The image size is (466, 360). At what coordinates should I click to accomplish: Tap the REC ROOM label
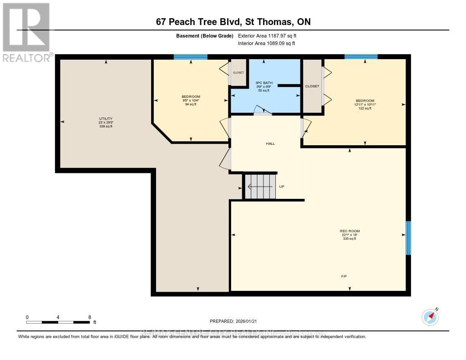point(349,231)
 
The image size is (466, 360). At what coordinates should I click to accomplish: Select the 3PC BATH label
point(264,83)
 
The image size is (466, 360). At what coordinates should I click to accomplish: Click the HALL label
point(270,143)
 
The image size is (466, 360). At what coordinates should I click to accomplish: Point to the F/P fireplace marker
point(344,276)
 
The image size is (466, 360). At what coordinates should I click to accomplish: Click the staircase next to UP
point(260,186)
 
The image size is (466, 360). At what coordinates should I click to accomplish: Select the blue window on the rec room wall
point(408,238)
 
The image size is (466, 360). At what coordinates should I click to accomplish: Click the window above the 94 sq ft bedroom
point(191,57)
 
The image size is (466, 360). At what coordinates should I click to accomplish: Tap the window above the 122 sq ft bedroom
point(361,57)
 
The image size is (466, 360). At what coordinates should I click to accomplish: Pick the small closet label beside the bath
point(238,72)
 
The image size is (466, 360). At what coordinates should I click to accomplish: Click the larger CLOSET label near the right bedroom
point(312,86)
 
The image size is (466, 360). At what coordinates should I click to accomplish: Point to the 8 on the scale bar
point(90,317)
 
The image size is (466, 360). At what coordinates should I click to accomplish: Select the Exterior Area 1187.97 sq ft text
point(268,35)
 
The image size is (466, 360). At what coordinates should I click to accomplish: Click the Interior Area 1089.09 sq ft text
point(266,43)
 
